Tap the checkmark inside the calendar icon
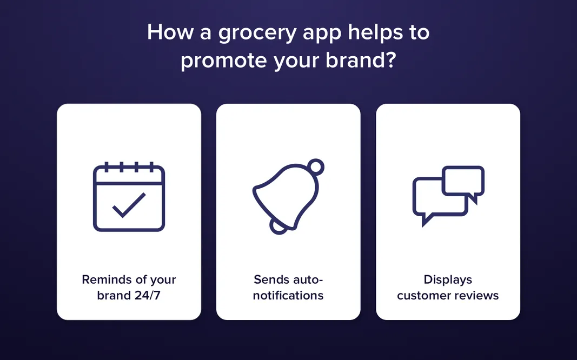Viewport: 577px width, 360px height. (x=129, y=205)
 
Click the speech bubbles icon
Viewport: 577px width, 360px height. (x=448, y=195)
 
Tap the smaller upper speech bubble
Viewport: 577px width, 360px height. (x=463, y=181)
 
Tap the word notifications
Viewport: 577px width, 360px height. (x=288, y=296)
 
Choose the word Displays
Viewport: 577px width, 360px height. (x=448, y=280)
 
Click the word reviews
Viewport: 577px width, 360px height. (x=476, y=296)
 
